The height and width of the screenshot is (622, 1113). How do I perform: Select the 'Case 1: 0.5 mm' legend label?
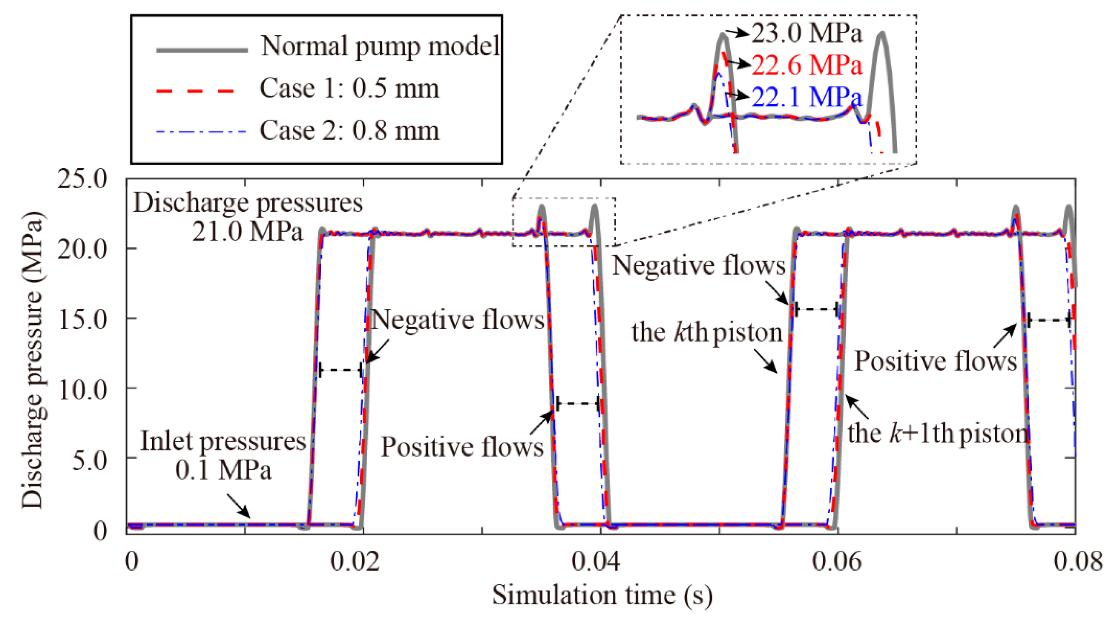coord(349,89)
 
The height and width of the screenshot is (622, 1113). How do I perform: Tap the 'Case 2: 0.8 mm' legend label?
coord(349,130)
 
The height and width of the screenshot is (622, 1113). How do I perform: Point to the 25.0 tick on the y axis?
coord(82,178)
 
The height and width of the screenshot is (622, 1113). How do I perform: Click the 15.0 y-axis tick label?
coord(82,319)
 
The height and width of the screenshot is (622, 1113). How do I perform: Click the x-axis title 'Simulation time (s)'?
coord(602,596)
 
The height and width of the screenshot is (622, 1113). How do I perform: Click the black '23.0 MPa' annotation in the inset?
coord(807,33)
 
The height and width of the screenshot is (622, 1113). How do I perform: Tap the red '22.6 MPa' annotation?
coord(807,65)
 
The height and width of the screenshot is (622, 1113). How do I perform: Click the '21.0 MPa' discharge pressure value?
coord(247,232)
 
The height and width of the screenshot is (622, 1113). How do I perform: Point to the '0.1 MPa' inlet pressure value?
coord(224,470)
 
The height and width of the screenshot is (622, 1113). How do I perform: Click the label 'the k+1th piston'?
coord(937,434)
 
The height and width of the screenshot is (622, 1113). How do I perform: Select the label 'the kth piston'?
coord(707,333)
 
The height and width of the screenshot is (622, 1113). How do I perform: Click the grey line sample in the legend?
coord(202,50)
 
